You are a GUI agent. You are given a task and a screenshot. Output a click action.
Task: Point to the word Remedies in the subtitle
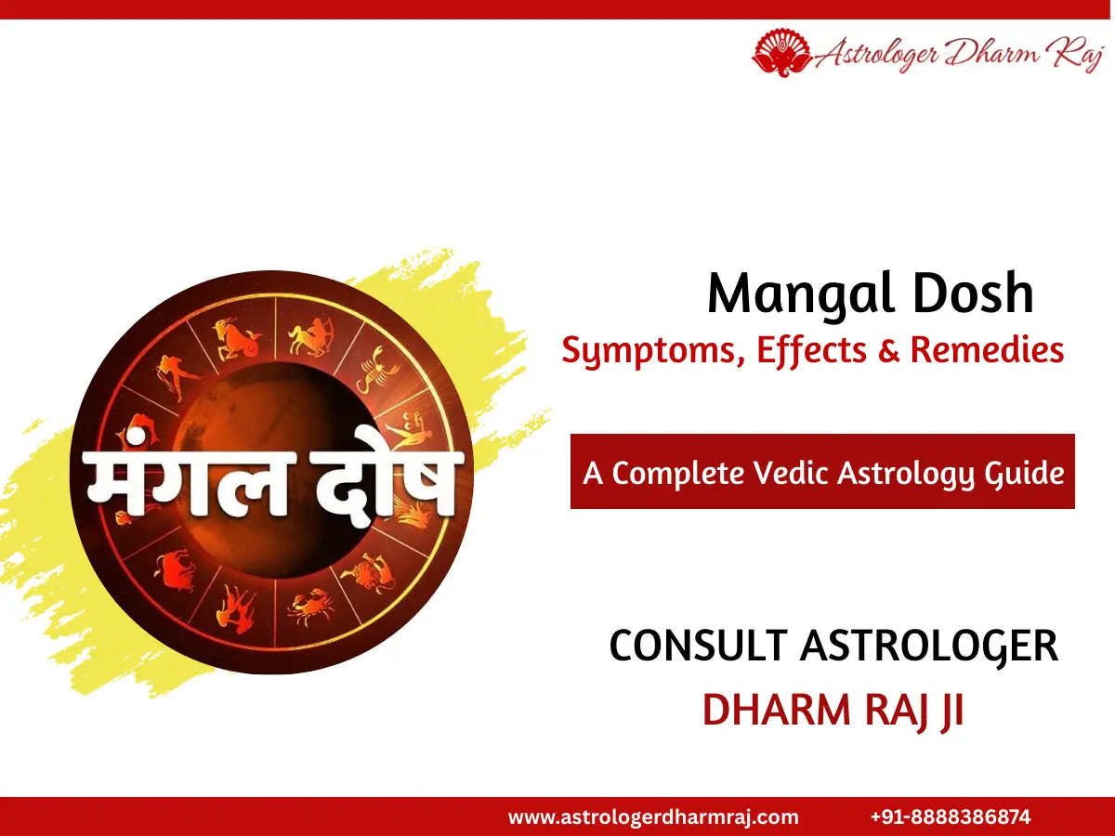click(987, 350)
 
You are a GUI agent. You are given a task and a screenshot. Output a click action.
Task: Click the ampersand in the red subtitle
click(890, 350)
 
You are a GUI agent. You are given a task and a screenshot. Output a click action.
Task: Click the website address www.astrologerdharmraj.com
click(653, 817)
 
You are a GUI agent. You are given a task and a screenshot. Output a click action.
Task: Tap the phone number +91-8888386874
click(951, 817)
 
